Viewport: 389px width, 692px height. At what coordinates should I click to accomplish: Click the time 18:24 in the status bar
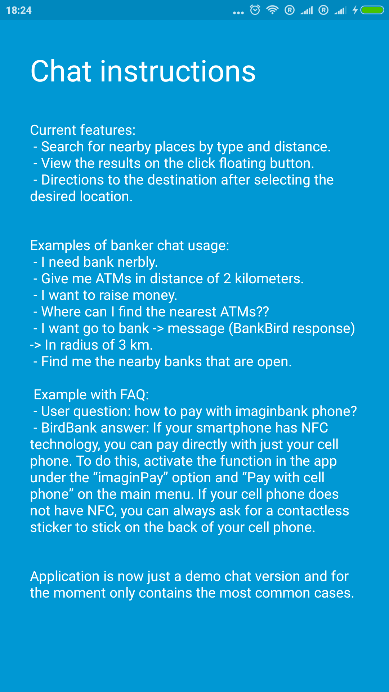(x=19, y=10)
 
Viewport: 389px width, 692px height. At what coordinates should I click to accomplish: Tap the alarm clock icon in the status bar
(x=255, y=10)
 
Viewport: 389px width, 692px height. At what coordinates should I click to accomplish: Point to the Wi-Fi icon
(x=273, y=10)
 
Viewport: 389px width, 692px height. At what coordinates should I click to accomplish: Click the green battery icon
(x=372, y=10)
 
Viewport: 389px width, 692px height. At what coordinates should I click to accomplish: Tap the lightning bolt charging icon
(x=355, y=10)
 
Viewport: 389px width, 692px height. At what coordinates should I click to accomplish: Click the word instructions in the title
(x=178, y=71)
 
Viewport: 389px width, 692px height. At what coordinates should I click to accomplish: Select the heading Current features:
(x=83, y=130)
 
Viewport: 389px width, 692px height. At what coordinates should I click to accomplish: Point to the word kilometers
(x=269, y=279)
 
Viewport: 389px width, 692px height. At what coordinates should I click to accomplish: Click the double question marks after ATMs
(x=263, y=312)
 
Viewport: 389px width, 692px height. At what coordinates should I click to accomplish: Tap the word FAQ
(x=134, y=395)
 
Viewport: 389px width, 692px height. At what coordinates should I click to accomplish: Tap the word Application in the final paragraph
(x=64, y=576)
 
